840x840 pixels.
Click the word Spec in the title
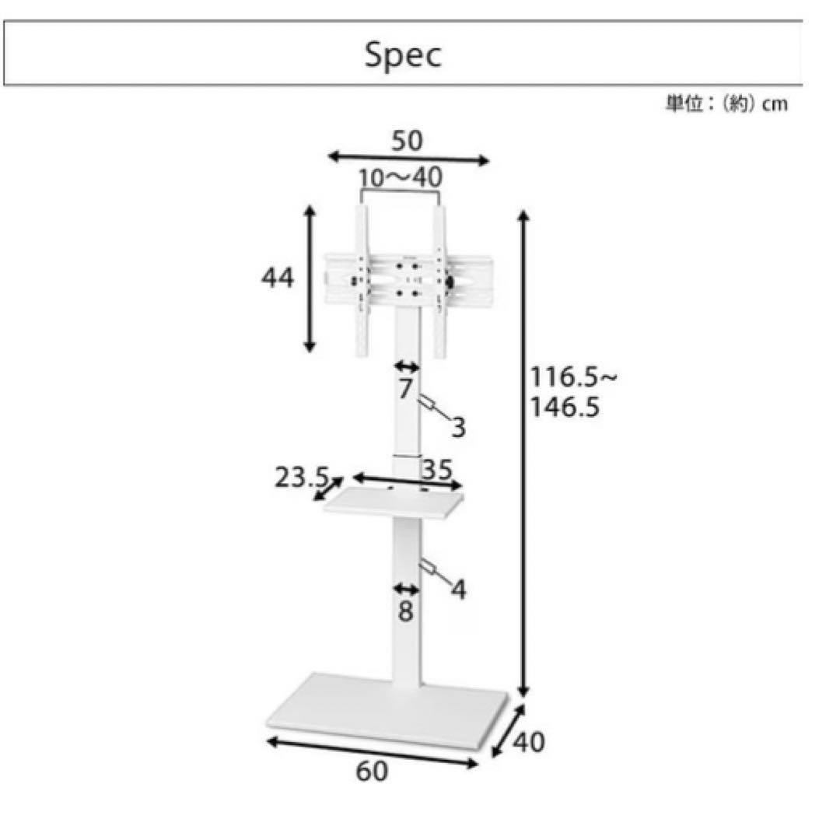click(x=403, y=55)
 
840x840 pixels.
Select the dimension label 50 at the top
click(x=407, y=141)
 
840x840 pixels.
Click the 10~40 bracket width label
click(x=401, y=178)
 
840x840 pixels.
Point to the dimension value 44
click(x=278, y=278)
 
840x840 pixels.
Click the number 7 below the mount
click(x=404, y=389)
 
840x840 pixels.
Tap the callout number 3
click(x=458, y=427)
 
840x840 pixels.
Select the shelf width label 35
click(x=437, y=470)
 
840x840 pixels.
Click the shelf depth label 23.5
click(x=303, y=478)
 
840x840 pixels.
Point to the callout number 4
click(x=458, y=590)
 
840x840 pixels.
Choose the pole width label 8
click(x=405, y=612)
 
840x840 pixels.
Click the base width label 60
click(x=372, y=772)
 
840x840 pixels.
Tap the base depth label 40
click(x=529, y=741)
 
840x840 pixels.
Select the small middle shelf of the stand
click(x=394, y=504)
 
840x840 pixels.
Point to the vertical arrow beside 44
click(x=310, y=279)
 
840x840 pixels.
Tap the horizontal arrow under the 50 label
click(x=408, y=159)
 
